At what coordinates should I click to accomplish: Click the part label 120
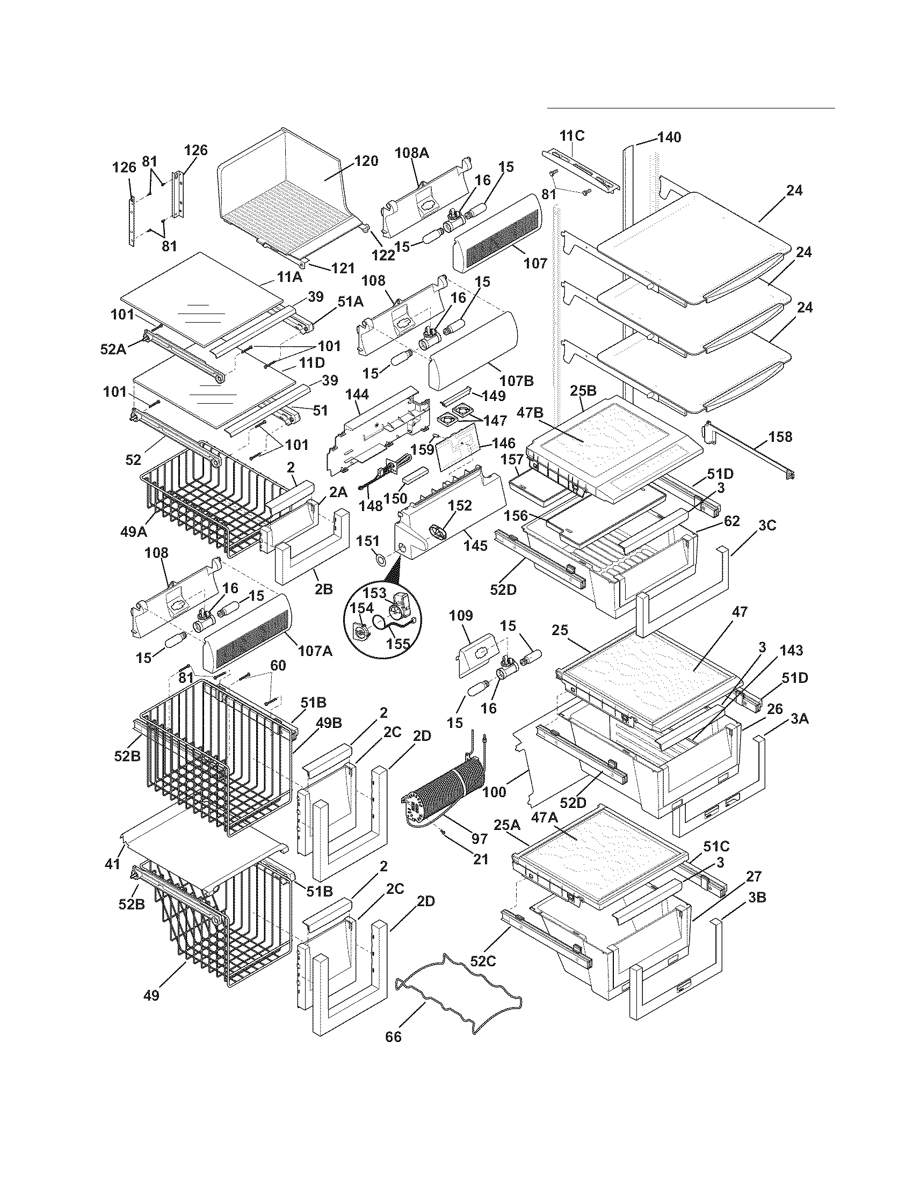366,161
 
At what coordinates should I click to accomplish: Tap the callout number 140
669,137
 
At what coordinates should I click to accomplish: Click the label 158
780,436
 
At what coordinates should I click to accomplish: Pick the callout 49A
134,532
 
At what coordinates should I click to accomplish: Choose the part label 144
357,395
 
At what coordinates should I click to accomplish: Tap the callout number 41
112,864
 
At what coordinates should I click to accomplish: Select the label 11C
572,135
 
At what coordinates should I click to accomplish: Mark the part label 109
461,615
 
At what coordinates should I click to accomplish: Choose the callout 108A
412,153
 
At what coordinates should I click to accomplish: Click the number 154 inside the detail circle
362,608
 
